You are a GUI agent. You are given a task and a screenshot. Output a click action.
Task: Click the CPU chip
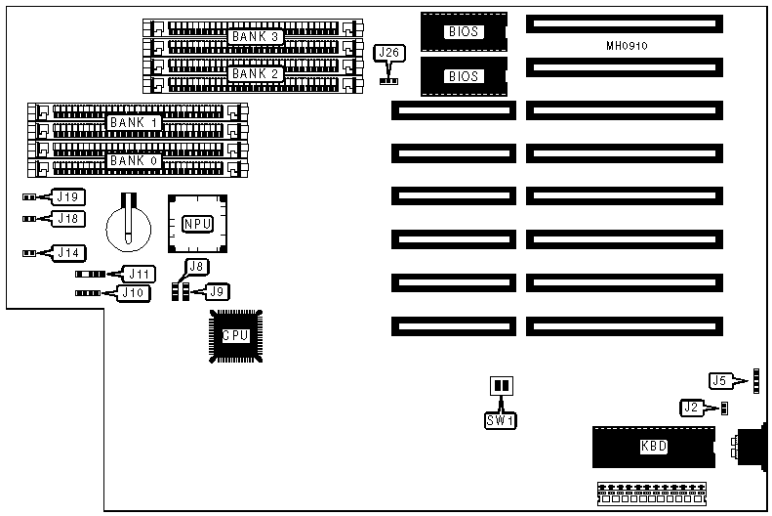235,335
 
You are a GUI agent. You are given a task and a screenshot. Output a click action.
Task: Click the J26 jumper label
390,52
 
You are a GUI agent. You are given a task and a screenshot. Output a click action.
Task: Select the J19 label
67,196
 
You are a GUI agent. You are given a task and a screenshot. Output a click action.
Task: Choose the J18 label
67,217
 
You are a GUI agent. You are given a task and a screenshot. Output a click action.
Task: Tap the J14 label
67,252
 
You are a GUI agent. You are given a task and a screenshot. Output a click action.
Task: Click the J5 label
719,380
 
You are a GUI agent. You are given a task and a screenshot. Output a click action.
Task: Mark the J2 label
692,407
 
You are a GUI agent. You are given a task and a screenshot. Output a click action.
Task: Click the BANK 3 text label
256,36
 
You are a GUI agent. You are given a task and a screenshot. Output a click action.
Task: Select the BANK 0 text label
134,159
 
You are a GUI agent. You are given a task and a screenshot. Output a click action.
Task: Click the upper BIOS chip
464,31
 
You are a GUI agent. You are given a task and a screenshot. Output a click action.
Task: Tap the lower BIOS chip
464,75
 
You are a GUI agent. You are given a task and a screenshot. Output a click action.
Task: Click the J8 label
196,266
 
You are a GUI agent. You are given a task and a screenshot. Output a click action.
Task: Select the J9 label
220,290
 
